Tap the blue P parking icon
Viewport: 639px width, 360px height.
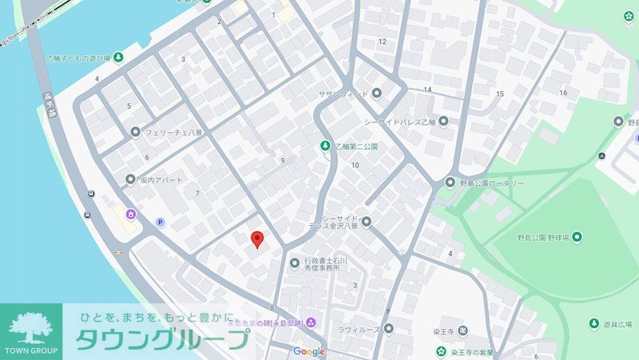pyautogui.click(x=160, y=223)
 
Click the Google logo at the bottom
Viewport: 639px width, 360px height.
pyautogui.click(x=309, y=351)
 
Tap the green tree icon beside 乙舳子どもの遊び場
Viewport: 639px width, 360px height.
pyautogui.click(x=118, y=57)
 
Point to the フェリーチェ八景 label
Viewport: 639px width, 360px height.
pyautogui.click(x=171, y=132)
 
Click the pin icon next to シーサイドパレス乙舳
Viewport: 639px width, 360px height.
pyautogui.click(x=443, y=122)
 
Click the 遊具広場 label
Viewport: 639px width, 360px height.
pyautogui.click(x=617, y=324)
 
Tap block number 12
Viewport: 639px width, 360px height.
pyautogui.click(x=383, y=42)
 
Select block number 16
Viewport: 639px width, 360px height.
pyautogui.click(x=563, y=93)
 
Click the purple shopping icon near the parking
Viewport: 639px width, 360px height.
pyautogui.click(x=130, y=213)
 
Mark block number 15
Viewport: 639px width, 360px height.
pyautogui.click(x=500, y=94)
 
